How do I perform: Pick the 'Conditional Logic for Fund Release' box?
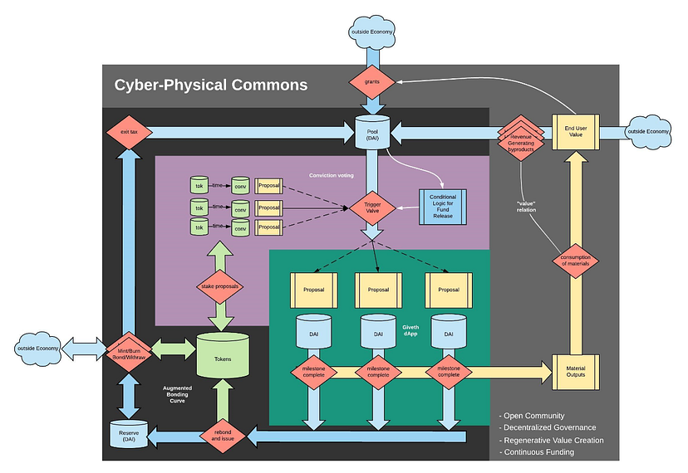click(443, 206)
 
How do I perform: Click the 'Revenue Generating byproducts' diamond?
click(520, 134)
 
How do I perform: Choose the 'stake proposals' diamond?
click(221, 286)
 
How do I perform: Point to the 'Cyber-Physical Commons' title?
click(211, 85)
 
